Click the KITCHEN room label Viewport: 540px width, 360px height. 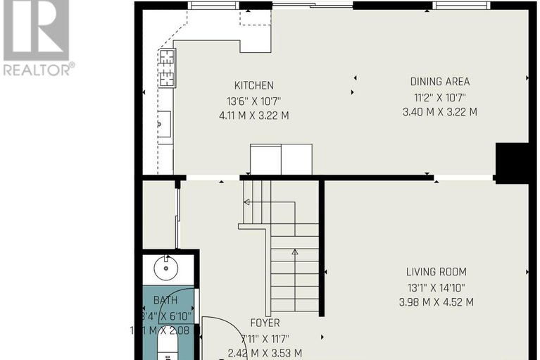tap(254, 85)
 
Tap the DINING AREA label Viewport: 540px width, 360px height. tap(440, 82)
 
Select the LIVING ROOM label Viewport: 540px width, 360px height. tap(436, 272)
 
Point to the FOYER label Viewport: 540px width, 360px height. tap(265, 323)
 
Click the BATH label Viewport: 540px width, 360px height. tap(165, 300)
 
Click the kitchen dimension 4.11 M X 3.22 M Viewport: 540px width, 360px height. tap(254, 115)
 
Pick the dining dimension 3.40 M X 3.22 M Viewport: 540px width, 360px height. tap(440, 112)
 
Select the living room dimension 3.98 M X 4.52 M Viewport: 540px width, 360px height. tap(436, 302)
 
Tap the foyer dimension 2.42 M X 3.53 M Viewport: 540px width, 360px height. tap(265, 353)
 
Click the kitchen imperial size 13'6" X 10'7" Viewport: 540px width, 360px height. tap(254, 100)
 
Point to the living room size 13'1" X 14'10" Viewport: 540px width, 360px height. tap(436, 287)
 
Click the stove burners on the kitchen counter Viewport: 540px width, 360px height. tap(166, 67)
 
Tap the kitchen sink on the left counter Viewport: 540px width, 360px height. tap(163, 125)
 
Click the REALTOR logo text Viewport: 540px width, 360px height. tap(38, 69)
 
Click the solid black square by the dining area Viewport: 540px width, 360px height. tap(512, 162)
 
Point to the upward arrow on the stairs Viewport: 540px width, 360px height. tap(294, 252)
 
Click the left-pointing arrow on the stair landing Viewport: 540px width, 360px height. tap(247, 202)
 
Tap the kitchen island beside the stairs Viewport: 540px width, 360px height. tap(281, 159)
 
